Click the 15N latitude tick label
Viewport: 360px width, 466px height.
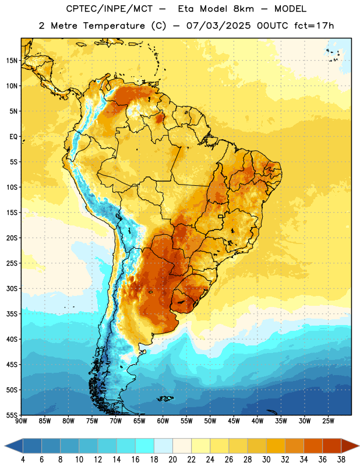coord(12,61)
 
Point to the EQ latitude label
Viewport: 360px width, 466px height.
coord(13,137)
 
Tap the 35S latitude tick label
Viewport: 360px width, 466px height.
coord(12,314)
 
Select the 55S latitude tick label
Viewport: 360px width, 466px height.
coord(12,415)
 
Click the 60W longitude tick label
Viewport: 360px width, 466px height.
coord(163,421)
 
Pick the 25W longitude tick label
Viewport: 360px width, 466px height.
coord(328,421)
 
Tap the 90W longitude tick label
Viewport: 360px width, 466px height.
coord(21,421)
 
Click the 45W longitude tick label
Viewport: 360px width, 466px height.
coord(234,421)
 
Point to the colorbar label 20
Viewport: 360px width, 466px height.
coord(172,460)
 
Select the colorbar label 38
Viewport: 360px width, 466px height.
coord(341,460)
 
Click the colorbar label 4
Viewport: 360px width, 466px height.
coord(23,460)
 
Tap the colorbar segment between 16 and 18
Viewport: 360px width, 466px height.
coord(145,446)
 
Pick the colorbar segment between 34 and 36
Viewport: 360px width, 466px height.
coord(313,446)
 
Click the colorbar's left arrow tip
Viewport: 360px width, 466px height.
coord(5,446)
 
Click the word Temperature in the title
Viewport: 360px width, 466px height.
coord(114,26)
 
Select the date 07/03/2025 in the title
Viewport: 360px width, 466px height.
coord(218,26)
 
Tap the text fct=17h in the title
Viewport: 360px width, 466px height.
coord(314,26)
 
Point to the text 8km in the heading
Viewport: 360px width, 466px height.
coord(243,9)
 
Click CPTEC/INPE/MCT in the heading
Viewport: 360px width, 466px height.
coord(109,9)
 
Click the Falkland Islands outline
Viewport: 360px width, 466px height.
coord(165,398)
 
